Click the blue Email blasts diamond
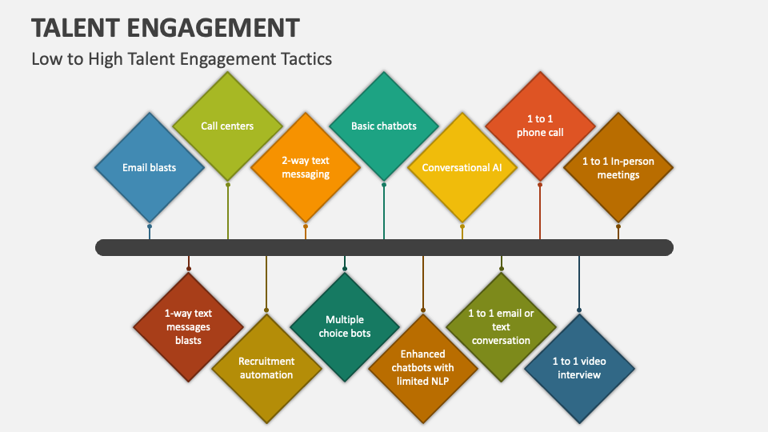click(x=150, y=168)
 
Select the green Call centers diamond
click(x=227, y=126)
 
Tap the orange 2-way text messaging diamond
click(x=306, y=167)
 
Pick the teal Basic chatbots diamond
click(x=384, y=126)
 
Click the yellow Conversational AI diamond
click(x=462, y=168)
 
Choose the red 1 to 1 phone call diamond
click(x=540, y=126)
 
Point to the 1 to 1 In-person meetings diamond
click(x=618, y=168)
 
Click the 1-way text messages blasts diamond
click(x=188, y=326)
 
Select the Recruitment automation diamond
click(x=266, y=368)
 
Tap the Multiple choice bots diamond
click(x=345, y=326)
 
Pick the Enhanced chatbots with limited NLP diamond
click(x=422, y=367)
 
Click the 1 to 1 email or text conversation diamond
click(x=501, y=326)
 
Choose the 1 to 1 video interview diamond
click(x=579, y=368)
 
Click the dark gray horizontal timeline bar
click(x=384, y=247)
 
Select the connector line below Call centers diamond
click(x=228, y=212)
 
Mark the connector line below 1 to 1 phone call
click(x=540, y=212)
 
